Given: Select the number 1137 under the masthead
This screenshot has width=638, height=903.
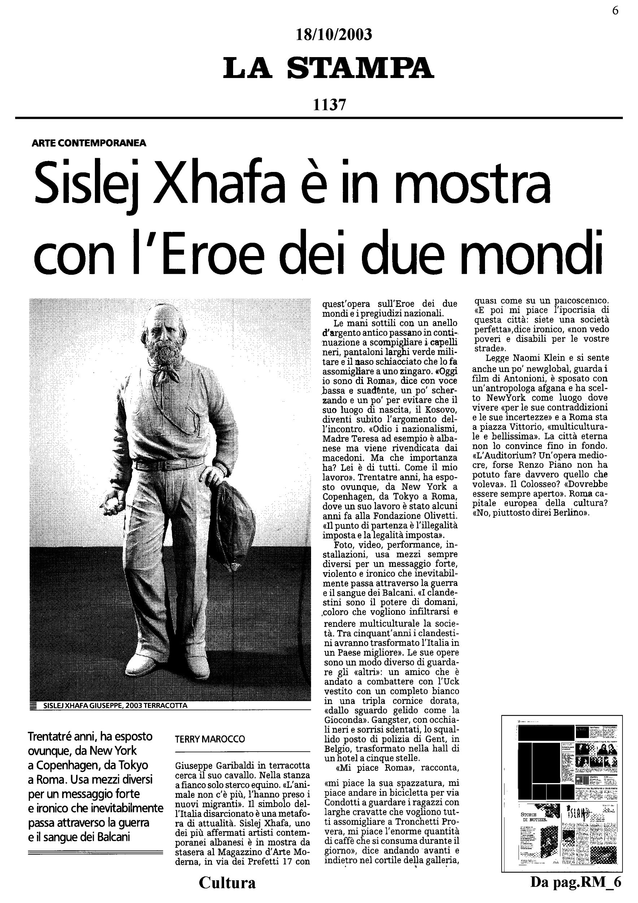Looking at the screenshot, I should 329,105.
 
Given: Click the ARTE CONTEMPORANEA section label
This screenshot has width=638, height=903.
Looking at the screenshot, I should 89,143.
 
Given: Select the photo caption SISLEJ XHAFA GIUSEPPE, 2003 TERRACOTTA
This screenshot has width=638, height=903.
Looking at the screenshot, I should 115,705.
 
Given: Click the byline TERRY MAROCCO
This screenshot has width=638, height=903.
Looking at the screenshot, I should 210,739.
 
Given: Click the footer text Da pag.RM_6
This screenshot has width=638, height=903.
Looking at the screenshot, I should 576,882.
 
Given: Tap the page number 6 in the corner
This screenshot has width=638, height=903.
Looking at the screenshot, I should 615,10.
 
